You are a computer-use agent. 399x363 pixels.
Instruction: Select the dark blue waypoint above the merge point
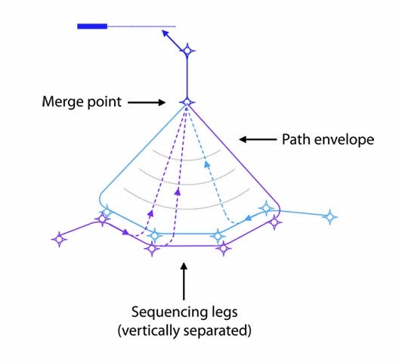tap(187, 51)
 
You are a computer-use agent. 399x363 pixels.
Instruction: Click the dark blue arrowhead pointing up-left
tap(165, 33)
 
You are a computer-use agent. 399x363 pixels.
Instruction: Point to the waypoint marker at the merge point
tap(187, 101)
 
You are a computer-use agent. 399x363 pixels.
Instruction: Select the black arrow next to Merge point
tap(144, 101)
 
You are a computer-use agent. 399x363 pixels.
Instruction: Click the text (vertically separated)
tap(190, 330)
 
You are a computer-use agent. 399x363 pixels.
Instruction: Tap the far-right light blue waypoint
tap(329, 217)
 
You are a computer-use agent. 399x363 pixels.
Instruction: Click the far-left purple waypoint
tap(59, 239)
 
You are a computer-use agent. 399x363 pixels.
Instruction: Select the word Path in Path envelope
tap(295, 139)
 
